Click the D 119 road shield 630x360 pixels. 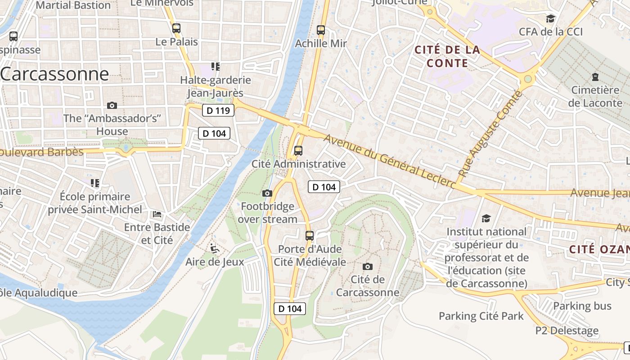[218, 110]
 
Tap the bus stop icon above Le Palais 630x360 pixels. [176, 28]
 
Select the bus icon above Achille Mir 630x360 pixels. [320, 30]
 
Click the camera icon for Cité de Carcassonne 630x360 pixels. [368, 266]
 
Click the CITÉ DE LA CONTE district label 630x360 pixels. [447, 56]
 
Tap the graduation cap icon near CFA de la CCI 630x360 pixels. [550, 18]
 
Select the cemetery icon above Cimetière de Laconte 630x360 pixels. [595, 77]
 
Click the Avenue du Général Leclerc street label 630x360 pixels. [389, 161]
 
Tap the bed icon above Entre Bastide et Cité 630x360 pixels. [157, 214]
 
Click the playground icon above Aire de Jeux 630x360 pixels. [215, 248]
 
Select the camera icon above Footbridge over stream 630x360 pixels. [267, 193]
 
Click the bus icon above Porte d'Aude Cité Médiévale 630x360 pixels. [309, 235]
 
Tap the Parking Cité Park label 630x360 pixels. [481, 316]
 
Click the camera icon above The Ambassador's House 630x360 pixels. [112, 105]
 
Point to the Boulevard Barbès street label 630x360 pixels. [41, 152]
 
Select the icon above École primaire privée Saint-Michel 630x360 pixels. [94, 183]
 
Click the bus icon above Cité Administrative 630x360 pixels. [298, 151]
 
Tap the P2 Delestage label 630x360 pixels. [567, 331]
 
